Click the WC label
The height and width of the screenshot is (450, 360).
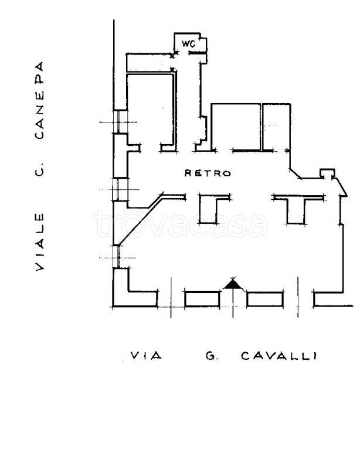pyautogui.click(x=189, y=43)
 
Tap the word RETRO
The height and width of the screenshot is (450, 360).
pyautogui.click(x=208, y=173)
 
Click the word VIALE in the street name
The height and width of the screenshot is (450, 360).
pyautogui.click(x=40, y=241)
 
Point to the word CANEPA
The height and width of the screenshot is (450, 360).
pyautogui.click(x=39, y=100)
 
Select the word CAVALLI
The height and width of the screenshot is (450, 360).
pyautogui.click(x=279, y=356)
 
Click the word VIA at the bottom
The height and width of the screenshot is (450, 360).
pyautogui.click(x=146, y=356)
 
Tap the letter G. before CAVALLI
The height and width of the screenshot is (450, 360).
pyautogui.click(x=212, y=356)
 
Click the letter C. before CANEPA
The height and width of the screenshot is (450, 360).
pyautogui.click(x=40, y=169)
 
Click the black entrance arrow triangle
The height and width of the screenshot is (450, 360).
pyautogui.click(x=233, y=284)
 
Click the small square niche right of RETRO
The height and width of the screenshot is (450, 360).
pyautogui.click(x=327, y=173)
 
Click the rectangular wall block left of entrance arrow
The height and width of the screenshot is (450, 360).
pyautogui.click(x=202, y=299)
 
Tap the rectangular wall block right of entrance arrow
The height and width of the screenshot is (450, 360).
pyautogui.click(x=265, y=299)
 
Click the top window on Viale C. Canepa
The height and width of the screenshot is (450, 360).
pyautogui.click(x=120, y=122)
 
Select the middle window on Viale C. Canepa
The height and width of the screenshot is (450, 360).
pyautogui.click(x=120, y=189)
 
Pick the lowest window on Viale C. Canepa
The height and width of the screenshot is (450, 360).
pyautogui.click(x=116, y=257)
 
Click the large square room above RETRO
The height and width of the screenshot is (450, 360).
pyautogui.click(x=236, y=127)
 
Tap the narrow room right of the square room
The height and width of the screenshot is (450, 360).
pyautogui.click(x=277, y=127)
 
